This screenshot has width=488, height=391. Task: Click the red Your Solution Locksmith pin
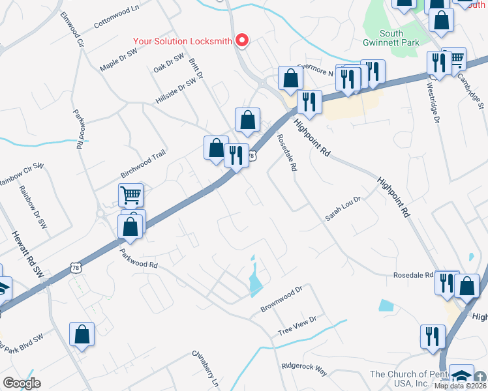(x=242, y=40)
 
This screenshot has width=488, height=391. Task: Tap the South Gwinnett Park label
(x=400, y=38)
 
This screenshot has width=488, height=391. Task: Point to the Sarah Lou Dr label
(x=343, y=209)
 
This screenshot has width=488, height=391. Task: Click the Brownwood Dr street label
(x=282, y=298)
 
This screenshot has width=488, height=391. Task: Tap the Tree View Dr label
(x=297, y=326)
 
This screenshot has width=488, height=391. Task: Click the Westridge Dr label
(x=431, y=100)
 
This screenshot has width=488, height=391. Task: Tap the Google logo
(x=22, y=383)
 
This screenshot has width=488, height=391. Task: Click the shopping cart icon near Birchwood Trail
(x=130, y=194)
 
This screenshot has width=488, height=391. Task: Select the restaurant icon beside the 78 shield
(x=236, y=155)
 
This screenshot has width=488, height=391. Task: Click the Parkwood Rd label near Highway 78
(x=139, y=257)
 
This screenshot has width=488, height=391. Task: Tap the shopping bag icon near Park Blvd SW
(x=82, y=334)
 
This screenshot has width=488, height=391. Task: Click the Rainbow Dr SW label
(x=33, y=208)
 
